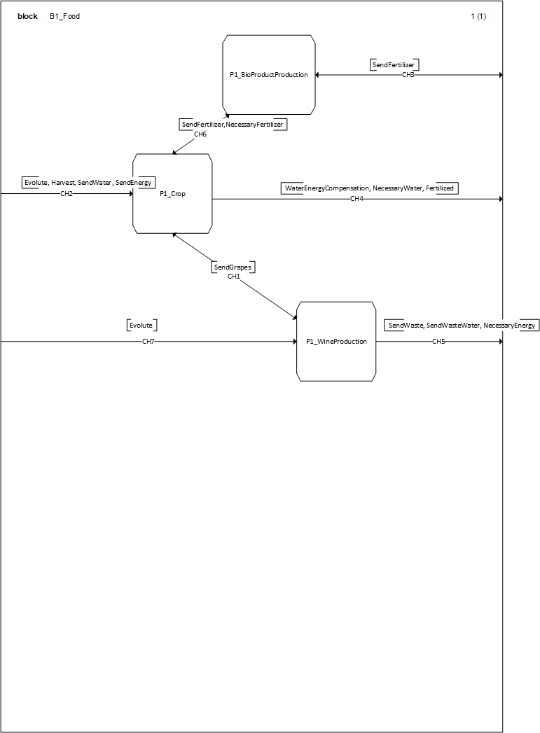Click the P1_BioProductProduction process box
[x=269, y=75]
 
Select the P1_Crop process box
[x=172, y=194]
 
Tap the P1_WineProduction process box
[x=336, y=342]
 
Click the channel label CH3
[x=408, y=75]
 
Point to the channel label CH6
[x=200, y=134]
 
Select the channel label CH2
[x=67, y=193]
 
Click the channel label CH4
[x=356, y=199]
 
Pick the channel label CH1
[x=234, y=277]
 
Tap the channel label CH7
[x=148, y=342]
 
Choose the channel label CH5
[x=438, y=342]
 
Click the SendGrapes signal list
[x=233, y=267]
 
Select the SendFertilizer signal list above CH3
[x=394, y=65]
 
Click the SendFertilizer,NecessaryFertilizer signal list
[x=233, y=125]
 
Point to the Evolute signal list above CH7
[x=141, y=326]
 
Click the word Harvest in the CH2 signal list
[x=62, y=183]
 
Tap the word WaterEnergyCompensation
[x=326, y=188]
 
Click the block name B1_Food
[x=64, y=16]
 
